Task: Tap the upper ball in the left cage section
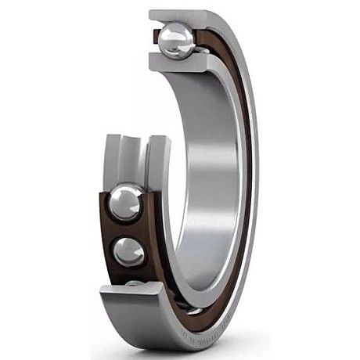[125, 203]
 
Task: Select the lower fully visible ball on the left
[128, 251]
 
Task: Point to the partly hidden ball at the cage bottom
[135, 283]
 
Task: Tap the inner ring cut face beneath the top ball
[176, 63]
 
